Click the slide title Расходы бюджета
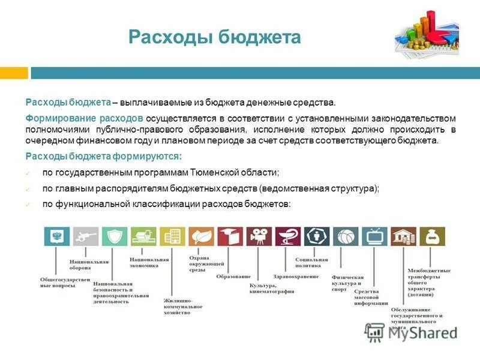pos(214,38)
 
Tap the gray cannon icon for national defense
pos(85,236)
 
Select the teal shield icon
pos(115,236)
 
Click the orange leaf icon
pos(201,236)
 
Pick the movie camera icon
pos(259,236)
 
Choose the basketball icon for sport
pos(346,236)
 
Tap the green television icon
pos(374,236)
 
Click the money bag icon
pos(432,236)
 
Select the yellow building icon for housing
pos(172,236)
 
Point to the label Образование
pos(233,276)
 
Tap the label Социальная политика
pos(311,263)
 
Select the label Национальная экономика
pos(149,262)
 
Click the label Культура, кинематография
pos(271,288)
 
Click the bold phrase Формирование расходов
pos(84,118)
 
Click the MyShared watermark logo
pos(411,331)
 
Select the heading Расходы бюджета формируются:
pos(103,156)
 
